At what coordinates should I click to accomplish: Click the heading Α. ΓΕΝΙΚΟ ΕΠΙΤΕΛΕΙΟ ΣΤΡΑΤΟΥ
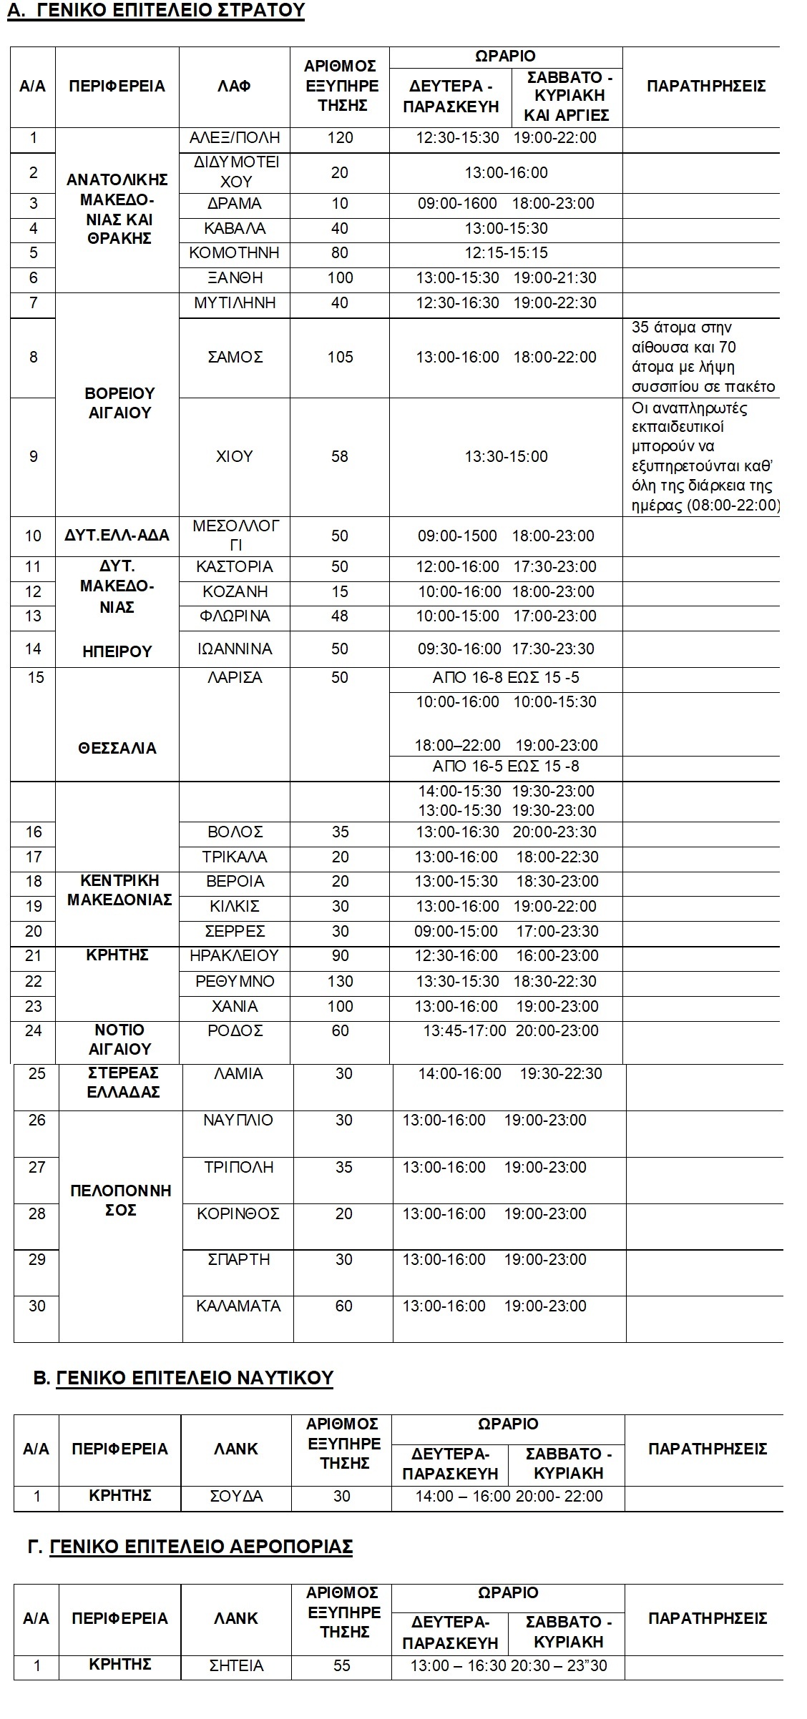[156, 11]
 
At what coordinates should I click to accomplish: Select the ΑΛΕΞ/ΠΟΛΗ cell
[235, 138]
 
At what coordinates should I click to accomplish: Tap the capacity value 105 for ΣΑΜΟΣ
[340, 357]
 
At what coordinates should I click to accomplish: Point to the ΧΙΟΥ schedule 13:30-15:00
[506, 457]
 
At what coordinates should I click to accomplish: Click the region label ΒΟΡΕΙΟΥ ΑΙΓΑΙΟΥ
[119, 403]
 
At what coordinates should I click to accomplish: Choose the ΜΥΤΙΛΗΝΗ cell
[235, 303]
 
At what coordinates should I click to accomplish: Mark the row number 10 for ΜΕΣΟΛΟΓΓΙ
[34, 536]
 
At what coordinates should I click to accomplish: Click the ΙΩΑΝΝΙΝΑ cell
[235, 649]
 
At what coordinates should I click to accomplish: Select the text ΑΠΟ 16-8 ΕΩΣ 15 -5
[506, 678]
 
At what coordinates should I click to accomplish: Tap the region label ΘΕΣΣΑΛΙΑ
[117, 749]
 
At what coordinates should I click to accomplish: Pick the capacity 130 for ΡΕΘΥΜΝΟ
[340, 981]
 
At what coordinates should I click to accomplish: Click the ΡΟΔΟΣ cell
[235, 1030]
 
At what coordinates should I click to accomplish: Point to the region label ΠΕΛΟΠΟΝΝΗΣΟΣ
[121, 1201]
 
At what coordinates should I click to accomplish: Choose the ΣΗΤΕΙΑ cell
[236, 1665]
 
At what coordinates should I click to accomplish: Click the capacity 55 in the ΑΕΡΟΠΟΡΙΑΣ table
[342, 1665]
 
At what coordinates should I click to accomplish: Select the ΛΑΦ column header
[235, 87]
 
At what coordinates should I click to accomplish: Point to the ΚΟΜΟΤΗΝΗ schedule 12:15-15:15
[506, 253]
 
